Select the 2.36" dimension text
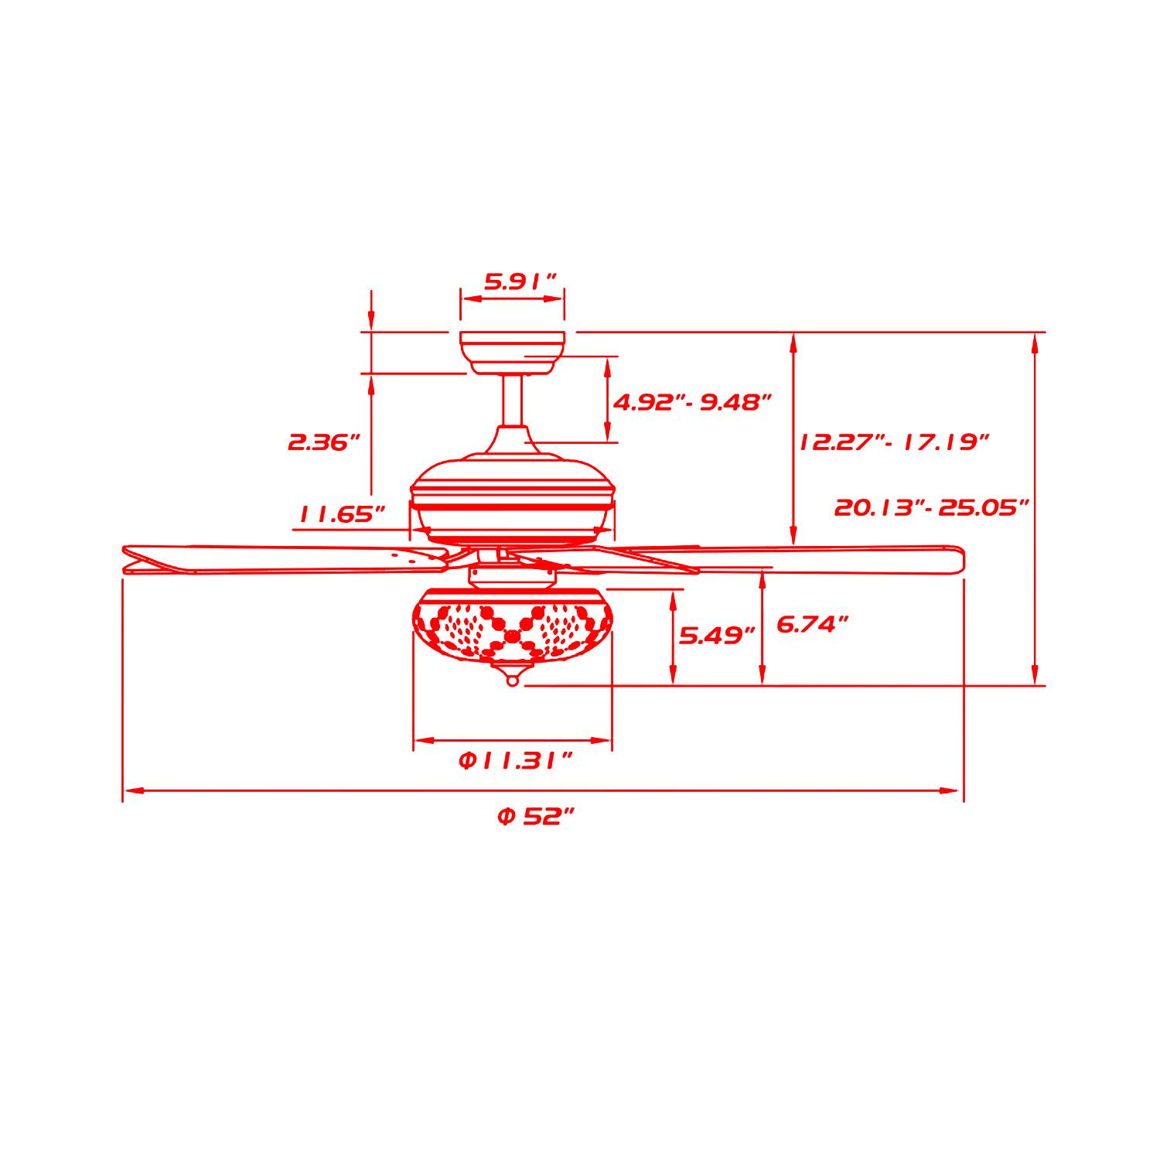coord(325,442)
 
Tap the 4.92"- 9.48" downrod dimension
coord(693,402)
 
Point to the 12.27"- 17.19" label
coord(894,442)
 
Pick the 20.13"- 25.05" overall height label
coord(932,507)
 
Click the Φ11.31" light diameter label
coord(515,761)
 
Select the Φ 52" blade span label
coord(537,817)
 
